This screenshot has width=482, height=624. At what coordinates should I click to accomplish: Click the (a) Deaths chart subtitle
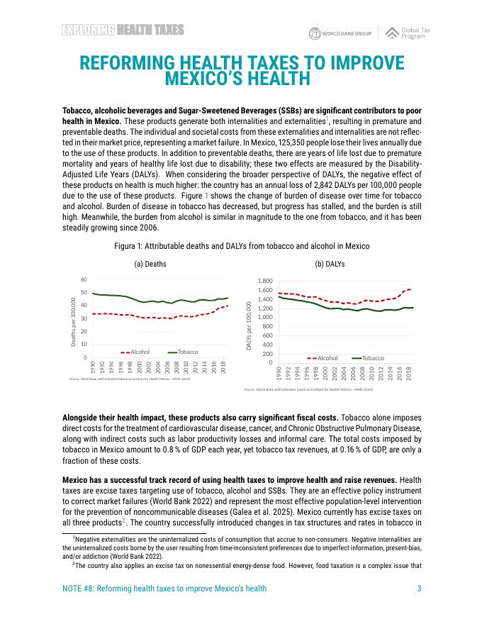(x=150, y=264)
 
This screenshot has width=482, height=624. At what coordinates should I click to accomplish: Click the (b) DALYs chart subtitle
(x=330, y=264)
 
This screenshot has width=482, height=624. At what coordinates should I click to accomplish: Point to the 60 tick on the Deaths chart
(x=84, y=279)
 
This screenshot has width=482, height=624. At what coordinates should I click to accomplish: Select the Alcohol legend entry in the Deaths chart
(x=139, y=352)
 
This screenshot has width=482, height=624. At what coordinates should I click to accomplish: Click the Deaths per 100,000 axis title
(x=74, y=323)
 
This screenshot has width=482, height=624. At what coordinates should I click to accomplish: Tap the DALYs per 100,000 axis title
(x=250, y=326)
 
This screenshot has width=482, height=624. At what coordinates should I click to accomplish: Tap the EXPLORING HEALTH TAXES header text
(x=123, y=30)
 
